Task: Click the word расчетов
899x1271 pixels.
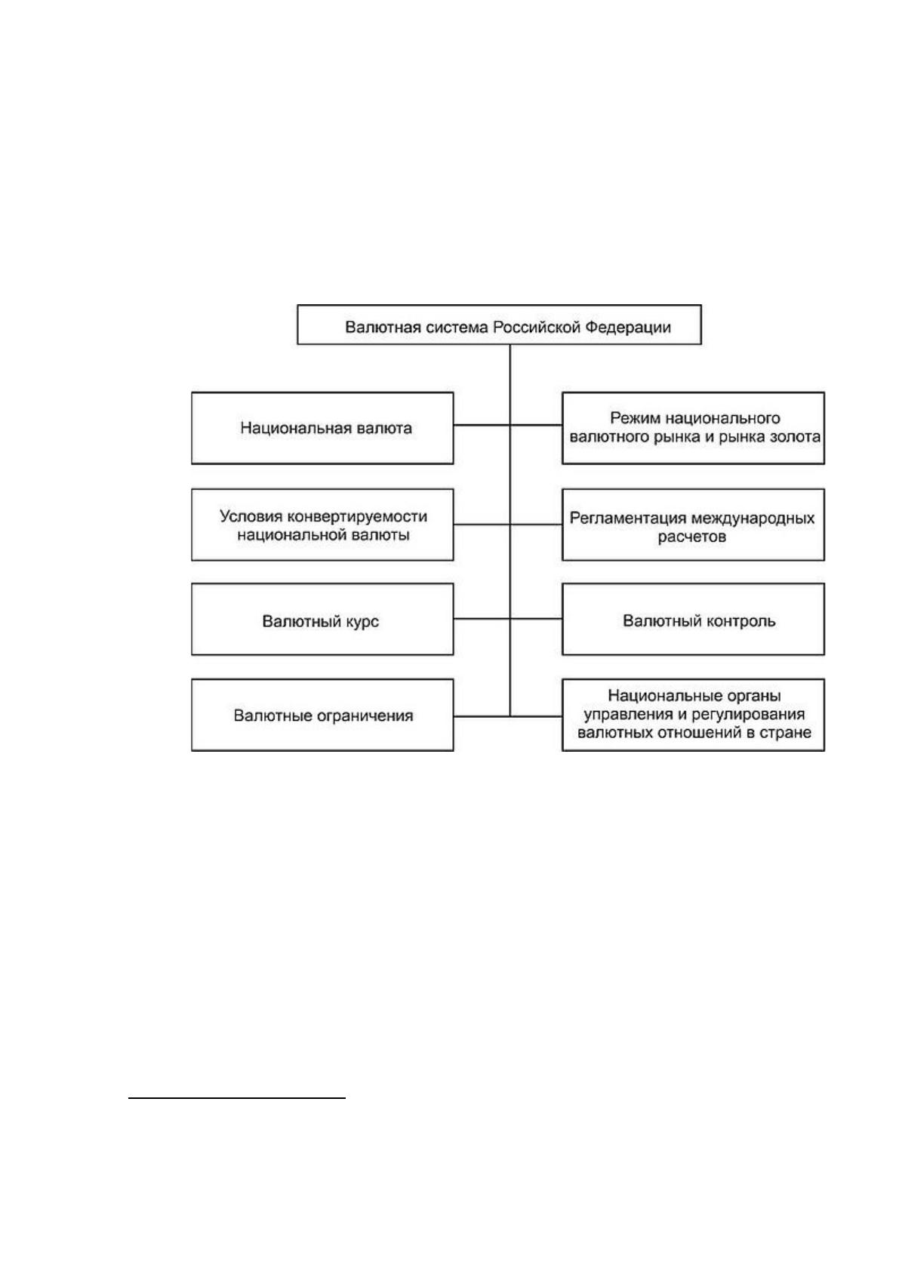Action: pyautogui.click(x=692, y=536)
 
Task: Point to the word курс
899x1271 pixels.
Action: pyautogui.click(x=360, y=622)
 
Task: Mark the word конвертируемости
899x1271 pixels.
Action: pyautogui.click(x=358, y=516)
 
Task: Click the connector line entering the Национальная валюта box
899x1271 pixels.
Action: pyautogui.click(x=482, y=425)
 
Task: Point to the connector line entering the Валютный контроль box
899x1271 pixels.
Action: pyautogui.click(x=536, y=618)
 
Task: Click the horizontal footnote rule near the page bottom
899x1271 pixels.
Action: pyautogui.click(x=237, y=1098)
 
